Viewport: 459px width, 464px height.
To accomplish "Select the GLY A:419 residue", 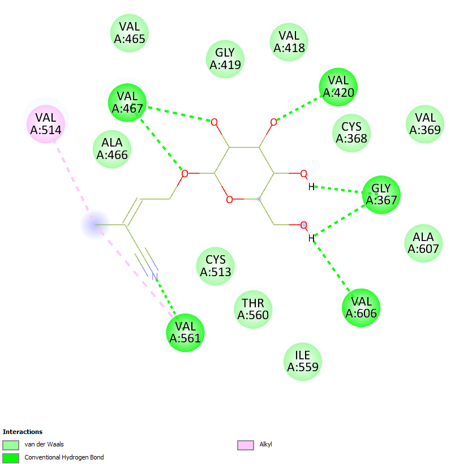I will [225, 59].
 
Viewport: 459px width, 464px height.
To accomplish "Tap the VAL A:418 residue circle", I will [289, 41].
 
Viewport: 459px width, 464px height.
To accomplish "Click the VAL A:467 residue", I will [127, 102].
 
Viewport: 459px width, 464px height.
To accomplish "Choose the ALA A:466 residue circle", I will [112, 148].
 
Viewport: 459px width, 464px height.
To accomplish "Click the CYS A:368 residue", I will [351, 132].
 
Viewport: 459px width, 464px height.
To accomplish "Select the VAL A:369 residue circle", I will [425, 124].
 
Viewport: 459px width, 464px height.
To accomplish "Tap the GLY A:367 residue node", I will [381, 194].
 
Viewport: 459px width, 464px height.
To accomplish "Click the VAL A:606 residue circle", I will [361, 307].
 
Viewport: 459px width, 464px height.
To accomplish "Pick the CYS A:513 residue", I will [216, 266].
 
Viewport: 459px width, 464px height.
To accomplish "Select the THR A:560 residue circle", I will [253, 309].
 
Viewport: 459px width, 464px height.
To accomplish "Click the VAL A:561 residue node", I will [185, 332].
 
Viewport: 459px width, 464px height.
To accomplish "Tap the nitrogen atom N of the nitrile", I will [155, 276].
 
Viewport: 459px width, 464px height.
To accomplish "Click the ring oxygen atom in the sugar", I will [229, 199].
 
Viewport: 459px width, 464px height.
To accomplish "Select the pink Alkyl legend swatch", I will [245, 445].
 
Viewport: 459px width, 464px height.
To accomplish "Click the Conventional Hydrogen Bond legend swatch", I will [11, 457].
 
